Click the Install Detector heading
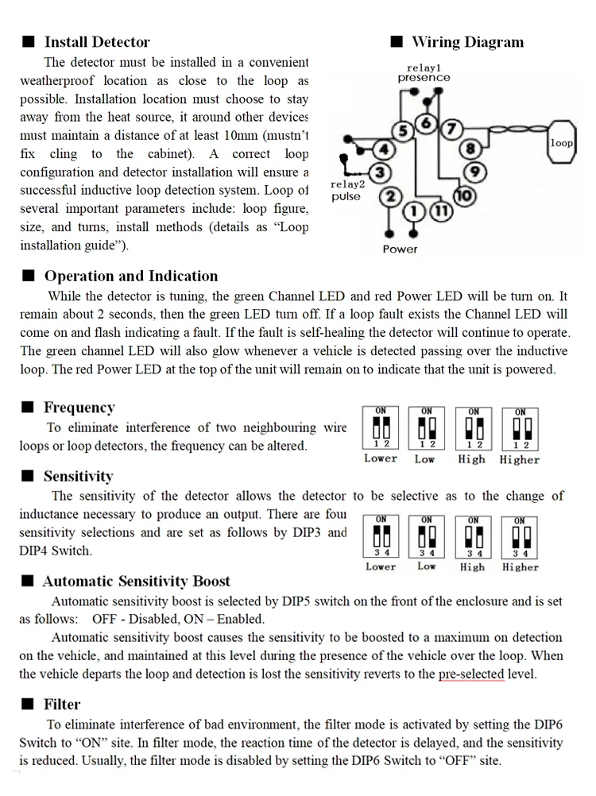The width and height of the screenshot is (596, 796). (96, 42)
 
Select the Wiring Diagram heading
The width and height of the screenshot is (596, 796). (467, 42)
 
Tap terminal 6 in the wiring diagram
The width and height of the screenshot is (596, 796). (426, 123)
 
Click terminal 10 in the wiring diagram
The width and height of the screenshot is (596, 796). (465, 195)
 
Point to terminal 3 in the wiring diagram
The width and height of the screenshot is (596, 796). (381, 172)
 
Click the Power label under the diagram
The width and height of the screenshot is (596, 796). (400, 249)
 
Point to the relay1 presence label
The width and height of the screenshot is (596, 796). (424, 73)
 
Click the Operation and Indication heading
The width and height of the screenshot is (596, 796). (130, 276)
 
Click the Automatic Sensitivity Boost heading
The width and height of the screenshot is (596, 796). (136, 582)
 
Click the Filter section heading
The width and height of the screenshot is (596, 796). (62, 704)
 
